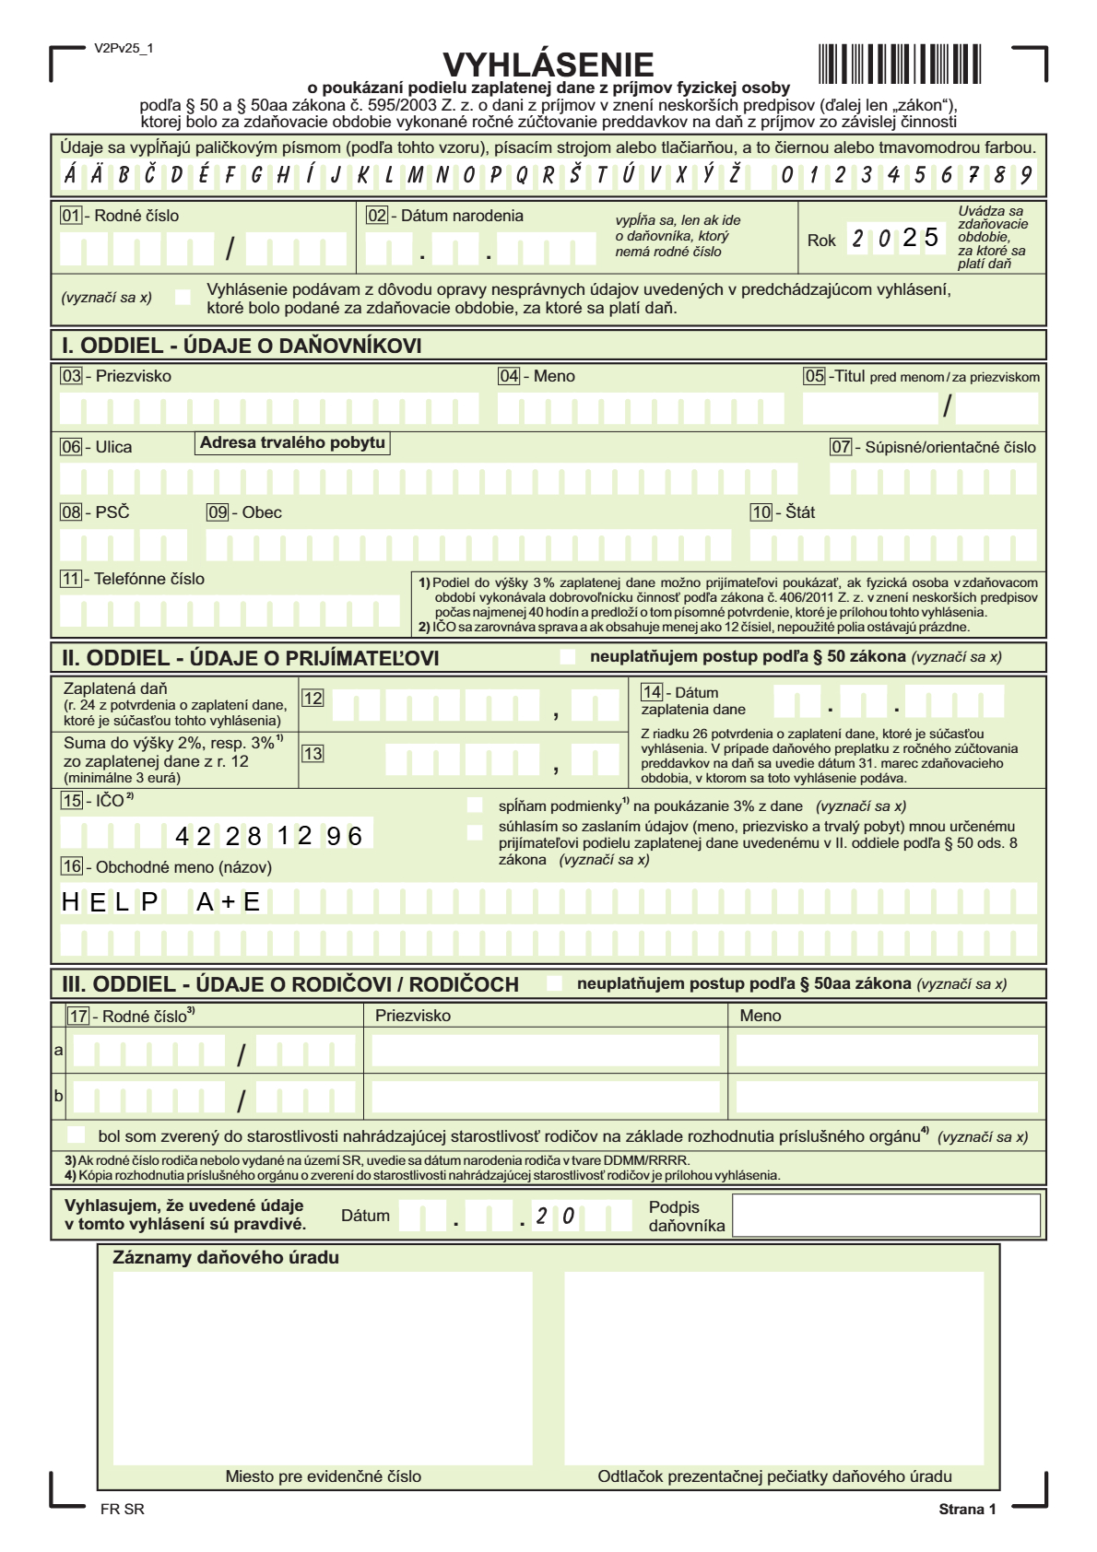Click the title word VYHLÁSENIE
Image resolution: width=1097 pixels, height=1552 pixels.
pos(548,65)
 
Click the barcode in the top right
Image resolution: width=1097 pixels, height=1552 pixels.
pos(899,65)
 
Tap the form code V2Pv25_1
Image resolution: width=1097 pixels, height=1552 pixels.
pos(124,48)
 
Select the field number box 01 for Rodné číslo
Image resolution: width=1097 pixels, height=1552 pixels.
pos(71,216)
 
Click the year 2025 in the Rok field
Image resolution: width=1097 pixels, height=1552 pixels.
pos(895,239)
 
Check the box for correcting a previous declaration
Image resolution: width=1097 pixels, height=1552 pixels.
pos(183,297)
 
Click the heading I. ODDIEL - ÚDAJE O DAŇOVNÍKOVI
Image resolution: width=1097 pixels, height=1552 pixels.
pos(242,346)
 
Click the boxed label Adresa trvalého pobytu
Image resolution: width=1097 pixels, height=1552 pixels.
pos(292,442)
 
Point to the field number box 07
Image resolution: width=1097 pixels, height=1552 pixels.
pos(841,447)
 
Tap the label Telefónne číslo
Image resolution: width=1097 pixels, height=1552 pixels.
pos(149,579)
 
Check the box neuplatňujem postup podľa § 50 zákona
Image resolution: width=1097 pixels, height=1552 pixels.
pos(568,657)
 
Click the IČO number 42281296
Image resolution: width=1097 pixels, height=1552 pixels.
pos(268,836)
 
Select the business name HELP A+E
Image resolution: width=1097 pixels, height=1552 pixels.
pos(161,901)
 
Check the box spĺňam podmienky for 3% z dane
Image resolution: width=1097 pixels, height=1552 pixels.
pos(475,805)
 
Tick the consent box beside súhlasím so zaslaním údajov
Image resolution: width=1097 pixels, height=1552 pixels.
pos(475,833)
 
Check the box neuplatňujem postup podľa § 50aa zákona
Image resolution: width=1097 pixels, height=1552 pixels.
pos(554,983)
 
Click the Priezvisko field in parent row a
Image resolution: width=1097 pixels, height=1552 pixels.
pos(546,1051)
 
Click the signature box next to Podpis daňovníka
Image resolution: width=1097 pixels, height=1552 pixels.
pos(886,1215)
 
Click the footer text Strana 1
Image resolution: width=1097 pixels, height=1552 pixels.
pos(967,1509)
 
